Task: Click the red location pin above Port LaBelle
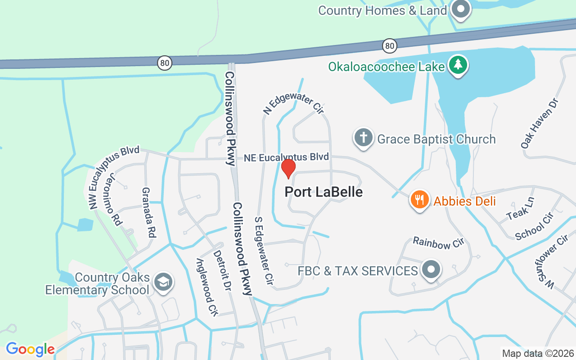click(288, 168)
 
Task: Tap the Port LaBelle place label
click(324, 192)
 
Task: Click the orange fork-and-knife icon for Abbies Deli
click(419, 199)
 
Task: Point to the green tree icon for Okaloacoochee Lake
click(458, 65)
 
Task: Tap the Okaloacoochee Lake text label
click(386, 67)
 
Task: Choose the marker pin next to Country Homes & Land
click(460, 9)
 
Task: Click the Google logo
click(30, 349)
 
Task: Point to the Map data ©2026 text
click(538, 354)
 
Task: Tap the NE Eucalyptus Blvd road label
click(286, 157)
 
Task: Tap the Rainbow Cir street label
click(438, 243)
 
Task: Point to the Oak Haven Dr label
click(539, 123)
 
